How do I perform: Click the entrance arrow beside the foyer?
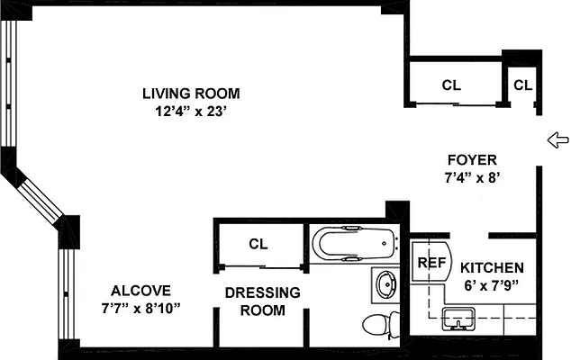click(558, 139)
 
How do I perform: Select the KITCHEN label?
click(492, 268)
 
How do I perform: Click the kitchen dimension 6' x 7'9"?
click(492, 286)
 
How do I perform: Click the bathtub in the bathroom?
click(354, 243)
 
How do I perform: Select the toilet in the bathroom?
click(379, 324)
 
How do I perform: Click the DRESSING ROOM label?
click(262, 301)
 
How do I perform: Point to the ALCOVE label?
click(140, 291)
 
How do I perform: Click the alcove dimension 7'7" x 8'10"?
click(140, 309)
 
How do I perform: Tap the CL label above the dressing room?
click(259, 243)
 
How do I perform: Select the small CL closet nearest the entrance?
click(523, 86)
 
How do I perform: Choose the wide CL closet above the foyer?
click(451, 86)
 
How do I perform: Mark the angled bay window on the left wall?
click(36, 193)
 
